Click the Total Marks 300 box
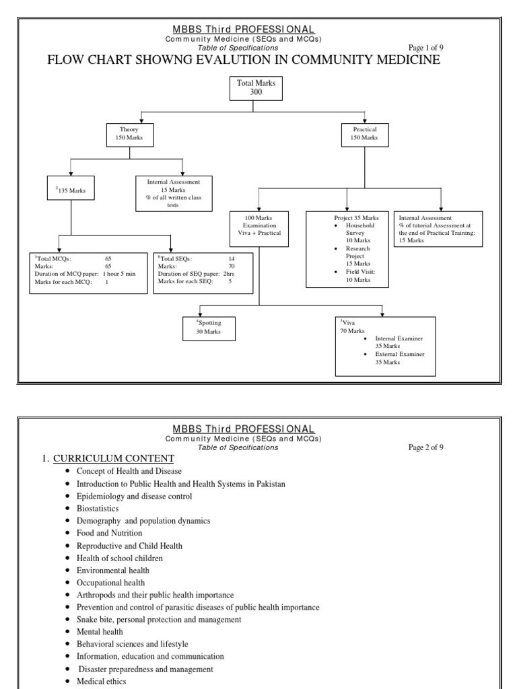pyautogui.click(x=256, y=87)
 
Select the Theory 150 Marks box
pyautogui.click(x=130, y=134)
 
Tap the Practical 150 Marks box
pyautogui.click(x=364, y=134)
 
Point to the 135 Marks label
pyautogui.click(x=71, y=190)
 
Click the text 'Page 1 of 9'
pyautogui.click(x=426, y=48)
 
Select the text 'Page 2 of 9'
pyautogui.click(x=426, y=447)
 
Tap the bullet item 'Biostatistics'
pyautogui.click(x=99, y=509)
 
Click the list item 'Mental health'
pyautogui.click(x=100, y=632)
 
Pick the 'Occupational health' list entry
pyautogui.click(x=110, y=583)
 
